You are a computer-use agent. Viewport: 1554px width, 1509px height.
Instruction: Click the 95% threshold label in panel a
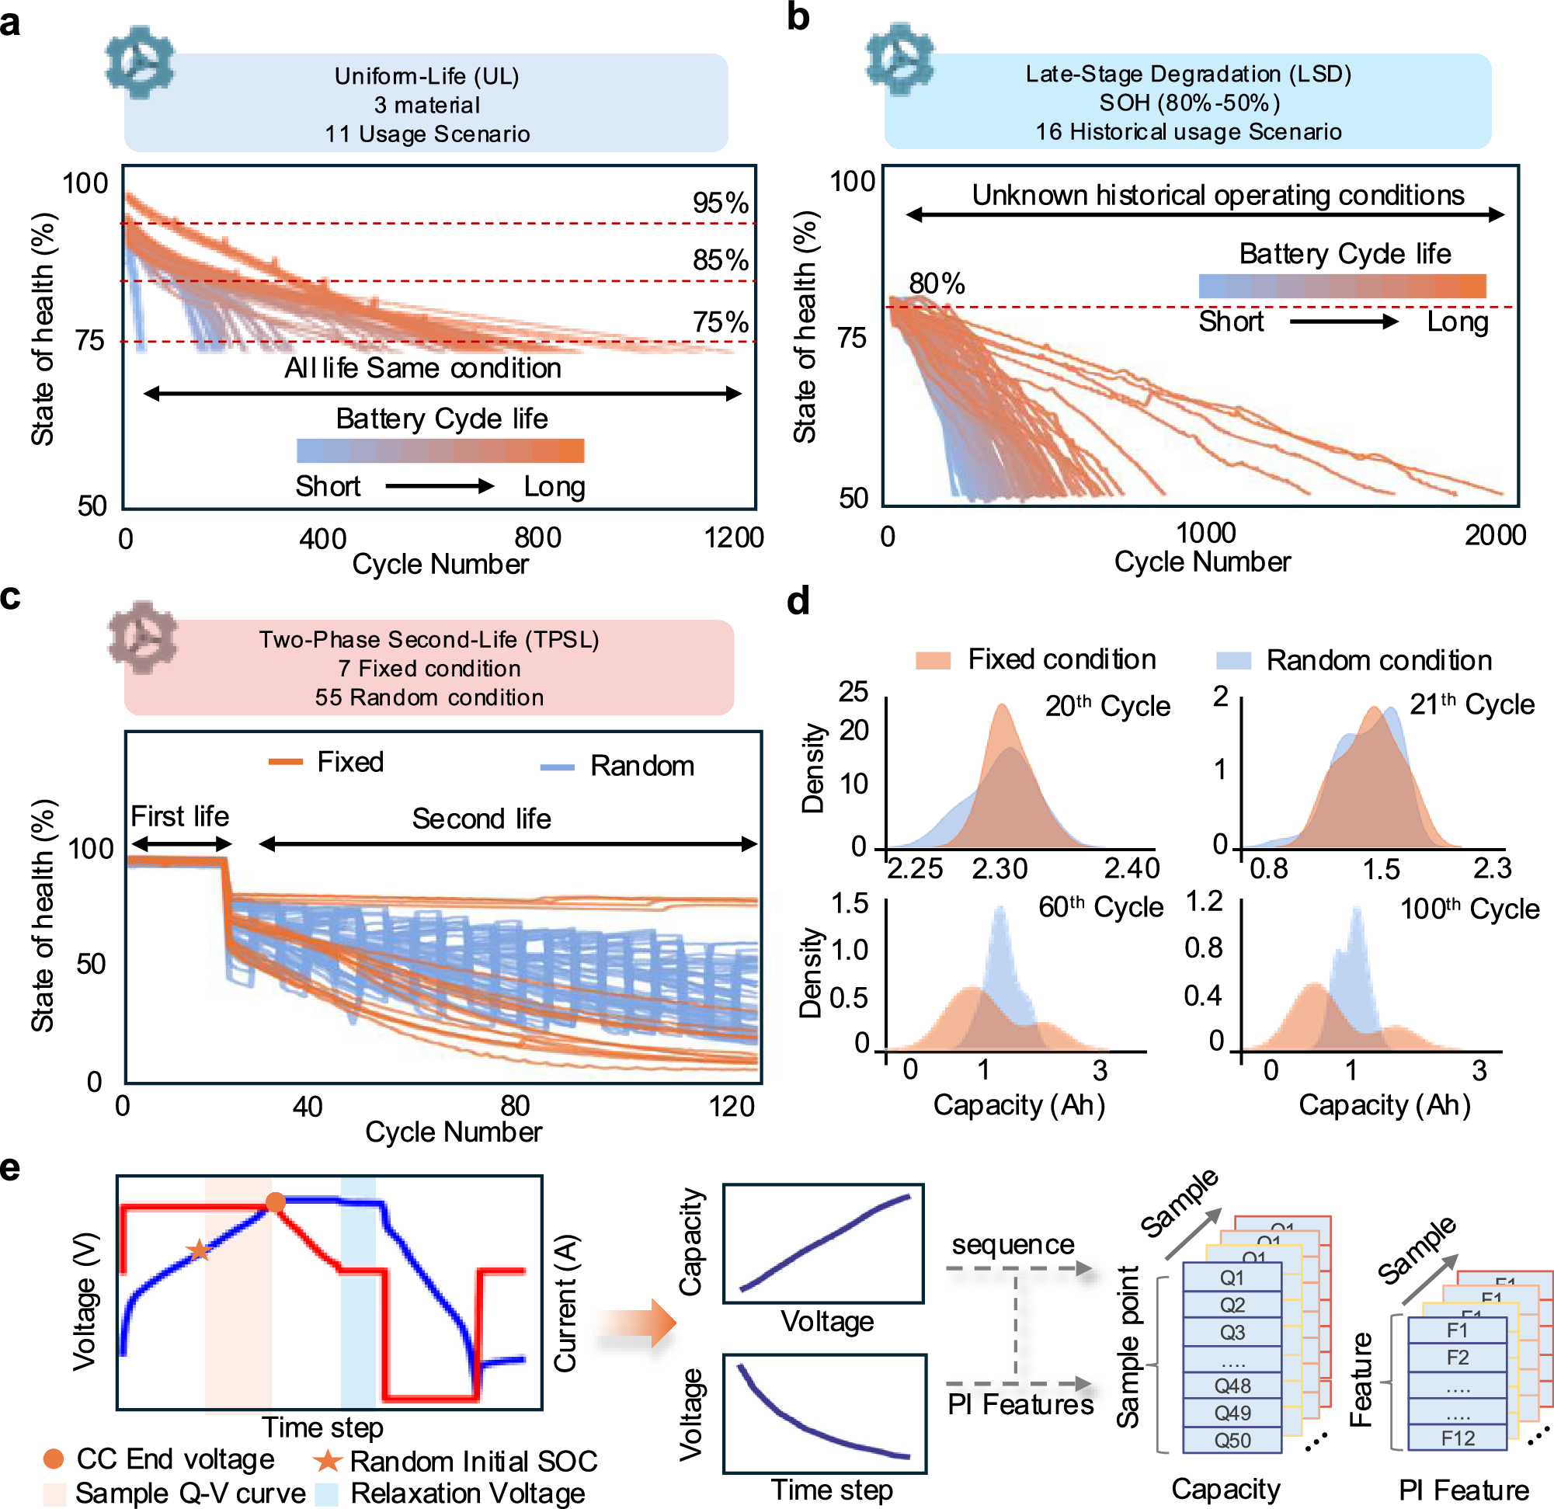pos(720,203)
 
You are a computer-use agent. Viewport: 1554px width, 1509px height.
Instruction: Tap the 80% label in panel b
pos(937,283)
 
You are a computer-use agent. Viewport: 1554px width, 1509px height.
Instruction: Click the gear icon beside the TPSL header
pos(143,638)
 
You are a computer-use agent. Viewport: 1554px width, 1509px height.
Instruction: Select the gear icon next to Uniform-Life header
pos(140,61)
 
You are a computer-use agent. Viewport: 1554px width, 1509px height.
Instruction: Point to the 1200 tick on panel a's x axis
pos(733,537)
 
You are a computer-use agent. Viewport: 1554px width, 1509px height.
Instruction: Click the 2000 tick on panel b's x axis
pos(1494,535)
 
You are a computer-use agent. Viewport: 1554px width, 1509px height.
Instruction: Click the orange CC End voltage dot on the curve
pos(275,1202)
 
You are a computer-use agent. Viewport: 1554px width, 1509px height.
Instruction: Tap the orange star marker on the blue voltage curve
pos(199,1251)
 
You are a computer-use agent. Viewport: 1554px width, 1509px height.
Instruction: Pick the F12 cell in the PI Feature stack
pos(1457,1438)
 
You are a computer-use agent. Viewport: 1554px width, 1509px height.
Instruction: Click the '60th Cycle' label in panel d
pos(1100,906)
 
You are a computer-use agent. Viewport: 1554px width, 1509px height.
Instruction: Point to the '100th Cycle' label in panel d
pos(1469,908)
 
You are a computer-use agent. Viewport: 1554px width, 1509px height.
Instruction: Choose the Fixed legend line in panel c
pos(286,762)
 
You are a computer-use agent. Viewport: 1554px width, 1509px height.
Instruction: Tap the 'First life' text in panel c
pos(179,816)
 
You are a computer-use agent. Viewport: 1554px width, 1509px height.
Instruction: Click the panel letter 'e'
pos(10,1168)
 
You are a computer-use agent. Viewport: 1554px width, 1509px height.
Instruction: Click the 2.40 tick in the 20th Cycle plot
pos(1132,868)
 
